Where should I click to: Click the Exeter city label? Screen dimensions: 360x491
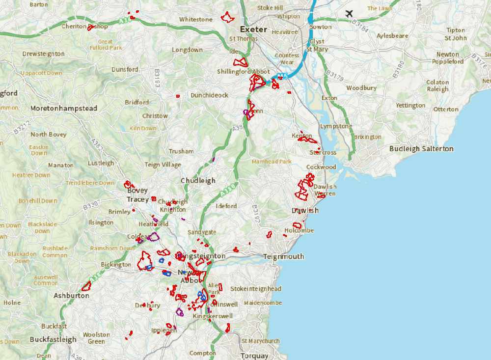coord(253,29)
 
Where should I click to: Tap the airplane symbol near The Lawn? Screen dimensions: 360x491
coord(349,13)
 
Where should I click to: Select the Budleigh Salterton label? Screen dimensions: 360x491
coord(421,148)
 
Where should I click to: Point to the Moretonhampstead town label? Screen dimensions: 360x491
coord(64,108)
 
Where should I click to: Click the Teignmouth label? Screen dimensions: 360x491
coord(283,256)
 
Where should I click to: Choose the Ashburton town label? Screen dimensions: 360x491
coord(71,296)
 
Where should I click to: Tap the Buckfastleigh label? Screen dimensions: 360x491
coord(53,339)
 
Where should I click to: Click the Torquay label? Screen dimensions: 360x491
coord(254,356)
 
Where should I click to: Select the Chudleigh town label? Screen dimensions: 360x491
coord(198,180)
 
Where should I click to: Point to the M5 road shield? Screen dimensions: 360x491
coord(281,76)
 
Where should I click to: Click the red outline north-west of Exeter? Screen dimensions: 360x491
coord(227,17)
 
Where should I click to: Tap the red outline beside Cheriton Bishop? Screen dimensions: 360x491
coord(91,28)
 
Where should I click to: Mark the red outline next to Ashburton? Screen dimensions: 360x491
coord(86,286)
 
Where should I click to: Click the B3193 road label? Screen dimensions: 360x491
coord(157,79)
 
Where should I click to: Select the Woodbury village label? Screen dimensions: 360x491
coord(361,88)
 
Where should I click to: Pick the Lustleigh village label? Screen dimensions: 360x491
coord(101,163)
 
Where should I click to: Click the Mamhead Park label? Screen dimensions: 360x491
coord(272,161)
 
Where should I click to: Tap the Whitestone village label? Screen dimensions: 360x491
coord(195,19)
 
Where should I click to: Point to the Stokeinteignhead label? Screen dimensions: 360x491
coord(256,289)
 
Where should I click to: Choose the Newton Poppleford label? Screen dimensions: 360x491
coord(447,58)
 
